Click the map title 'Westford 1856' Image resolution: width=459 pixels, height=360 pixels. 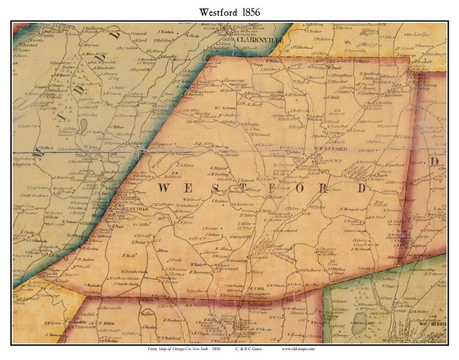229,12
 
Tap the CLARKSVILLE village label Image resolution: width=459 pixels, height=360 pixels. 260,40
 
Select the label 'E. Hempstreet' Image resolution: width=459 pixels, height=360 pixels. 351,209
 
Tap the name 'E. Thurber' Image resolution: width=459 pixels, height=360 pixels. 338,81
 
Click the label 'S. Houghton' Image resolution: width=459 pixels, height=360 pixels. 342,75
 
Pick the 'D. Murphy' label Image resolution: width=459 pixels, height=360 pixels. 169,57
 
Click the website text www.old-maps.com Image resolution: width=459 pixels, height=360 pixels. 298,349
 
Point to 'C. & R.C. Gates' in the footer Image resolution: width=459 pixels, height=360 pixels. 249,349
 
